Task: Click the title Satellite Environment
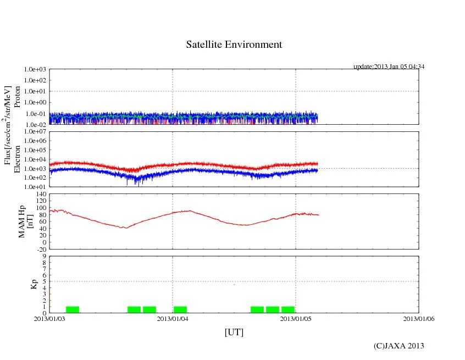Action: click(x=234, y=45)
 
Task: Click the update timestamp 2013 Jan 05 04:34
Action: click(x=389, y=67)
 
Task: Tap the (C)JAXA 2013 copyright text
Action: click(x=398, y=346)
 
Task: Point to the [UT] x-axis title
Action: click(x=234, y=332)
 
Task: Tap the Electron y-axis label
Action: click(x=17, y=159)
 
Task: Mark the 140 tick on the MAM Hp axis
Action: click(x=40, y=195)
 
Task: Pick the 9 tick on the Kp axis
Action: click(x=43, y=256)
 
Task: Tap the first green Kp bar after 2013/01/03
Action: click(x=73, y=309)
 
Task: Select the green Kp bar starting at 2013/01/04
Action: click(x=180, y=309)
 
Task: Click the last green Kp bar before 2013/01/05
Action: click(x=288, y=309)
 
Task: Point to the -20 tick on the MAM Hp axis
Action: click(x=40, y=249)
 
